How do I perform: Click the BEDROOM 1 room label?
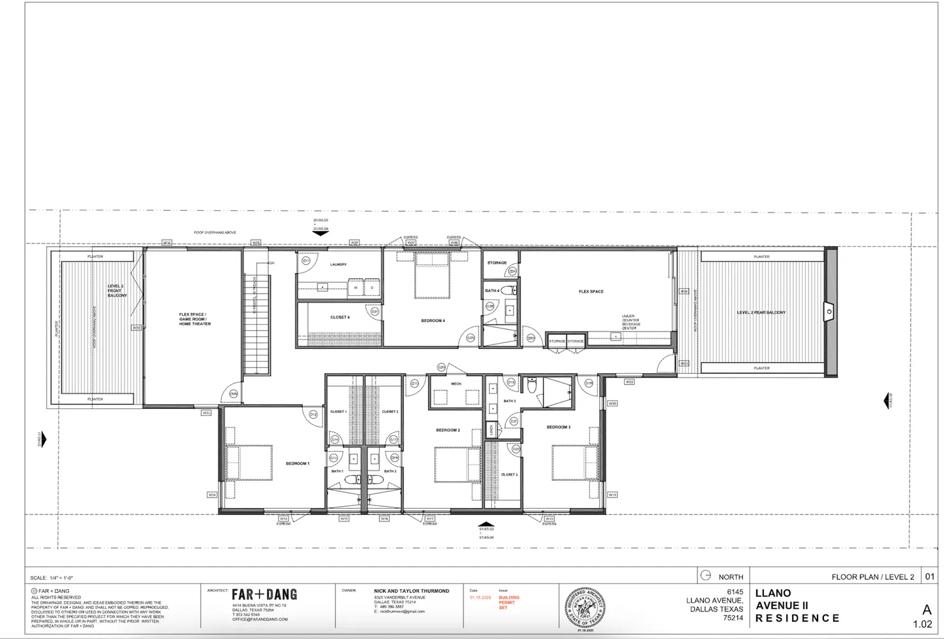[297, 463]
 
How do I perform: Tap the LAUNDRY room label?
[338, 264]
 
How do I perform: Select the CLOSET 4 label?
[339, 317]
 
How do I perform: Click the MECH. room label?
[456, 383]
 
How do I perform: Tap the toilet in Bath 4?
[508, 291]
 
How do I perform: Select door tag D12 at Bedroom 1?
[313, 415]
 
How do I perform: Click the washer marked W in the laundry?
[355, 288]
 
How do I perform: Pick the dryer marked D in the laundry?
[372, 288]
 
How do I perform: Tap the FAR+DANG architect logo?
[264, 594]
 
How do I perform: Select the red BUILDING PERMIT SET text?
[509, 602]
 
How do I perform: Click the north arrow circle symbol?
[705, 575]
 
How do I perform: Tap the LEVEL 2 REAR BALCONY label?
[761, 312]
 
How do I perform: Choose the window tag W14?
[284, 518]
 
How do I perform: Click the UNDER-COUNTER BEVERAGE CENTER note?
[631, 322]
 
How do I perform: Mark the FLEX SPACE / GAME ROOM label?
[195, 319]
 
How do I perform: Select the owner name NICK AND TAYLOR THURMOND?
[411, 591]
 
